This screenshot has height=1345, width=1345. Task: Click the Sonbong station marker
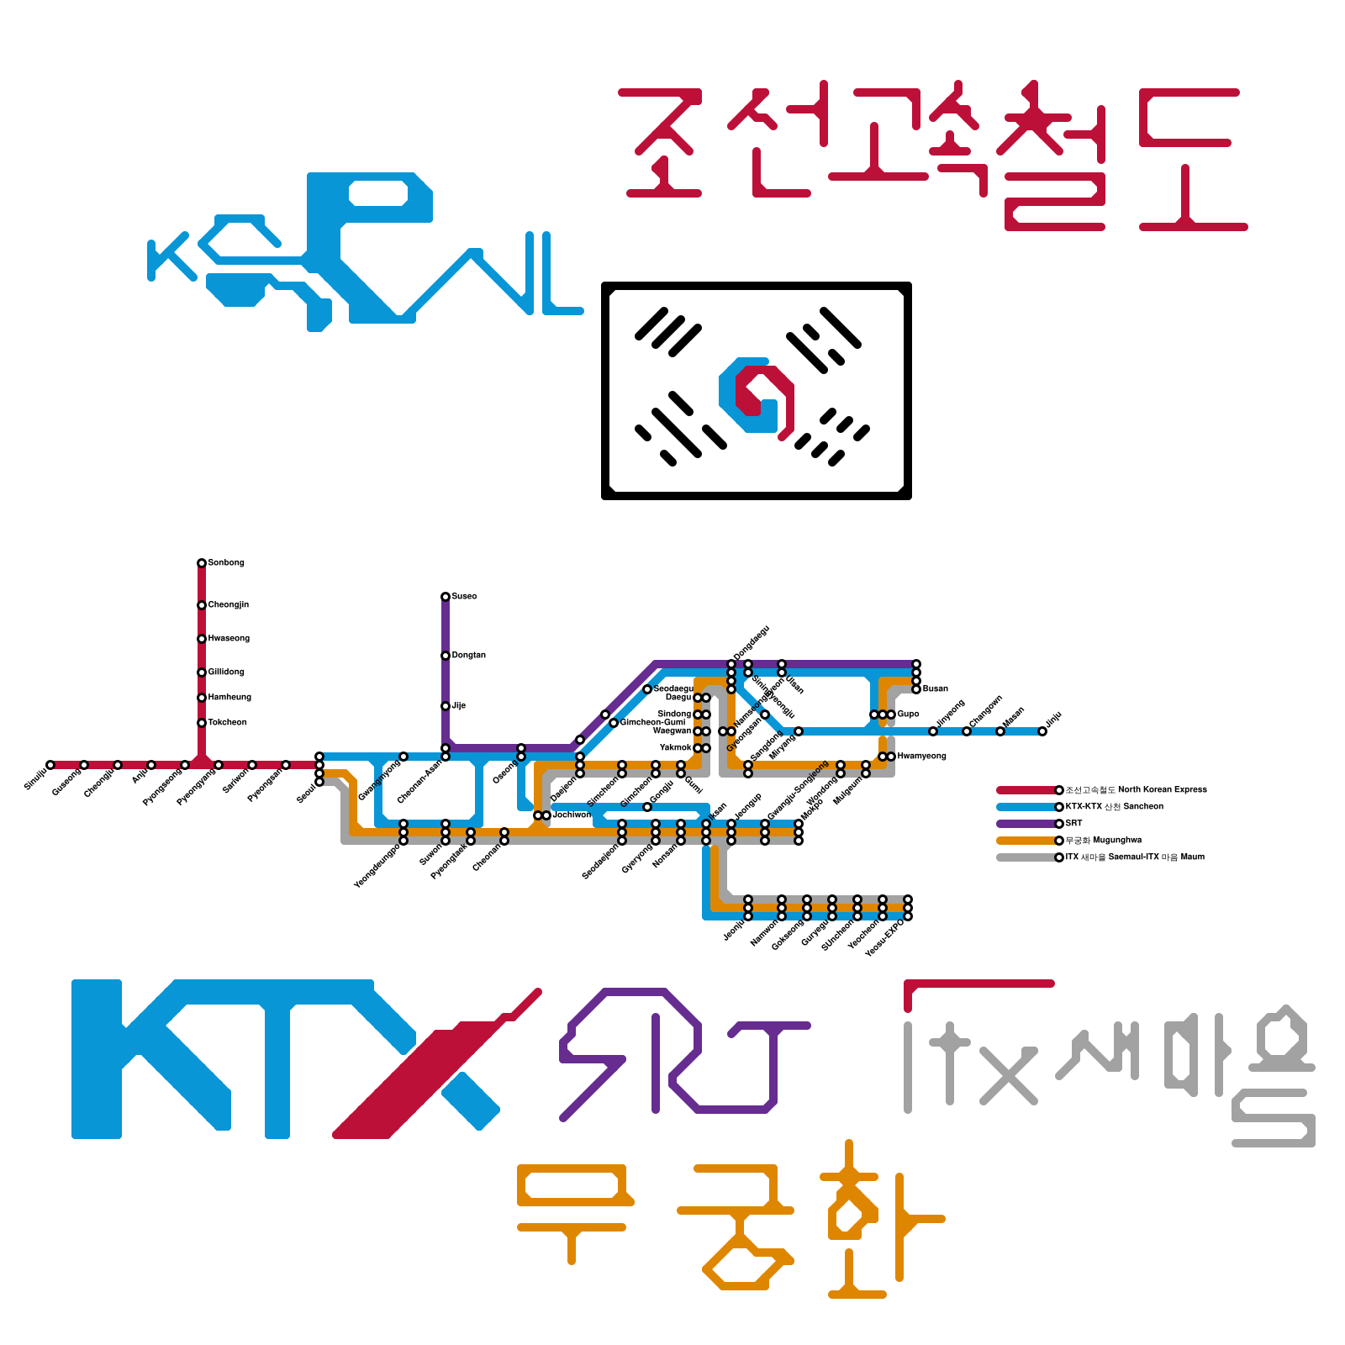coord(202,563)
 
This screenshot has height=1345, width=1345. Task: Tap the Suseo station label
coord(464,597)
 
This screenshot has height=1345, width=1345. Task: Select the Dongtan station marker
coord(446,656)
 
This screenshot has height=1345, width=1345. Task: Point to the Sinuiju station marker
coord(50,765)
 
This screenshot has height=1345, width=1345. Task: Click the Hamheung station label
coord(229,698)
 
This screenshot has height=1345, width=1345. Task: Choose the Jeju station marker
coord(1042,731)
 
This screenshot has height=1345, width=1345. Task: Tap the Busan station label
coord(935,689)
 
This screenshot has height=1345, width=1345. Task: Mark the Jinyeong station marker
coord(933,731)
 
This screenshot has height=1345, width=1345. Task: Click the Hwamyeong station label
coord(921,757)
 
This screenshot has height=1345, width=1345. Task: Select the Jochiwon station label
coord(572,815)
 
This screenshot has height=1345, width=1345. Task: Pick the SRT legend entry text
coord(1073,824)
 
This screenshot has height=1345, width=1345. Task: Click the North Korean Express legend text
coord(1136,790)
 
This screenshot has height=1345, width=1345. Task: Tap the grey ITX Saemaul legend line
coord(1026,857)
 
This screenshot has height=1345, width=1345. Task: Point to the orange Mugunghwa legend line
coord(1026,841)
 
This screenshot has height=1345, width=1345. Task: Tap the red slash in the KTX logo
coord(420,1076)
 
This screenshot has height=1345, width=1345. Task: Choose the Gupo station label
coord(908,715)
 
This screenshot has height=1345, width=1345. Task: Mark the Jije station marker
coord(446,706)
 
